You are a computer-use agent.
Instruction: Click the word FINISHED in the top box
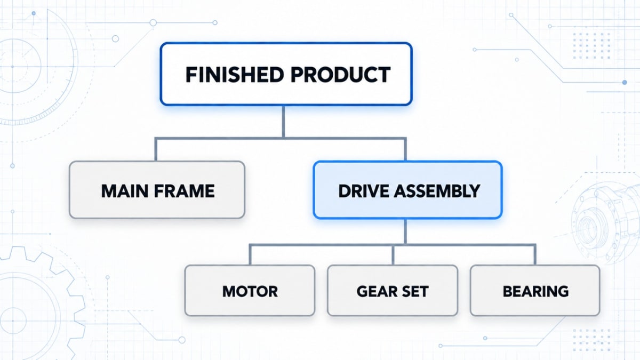pos(235,75)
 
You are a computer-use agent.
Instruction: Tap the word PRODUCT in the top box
pos(341,75)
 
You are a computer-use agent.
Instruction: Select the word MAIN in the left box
pos(124,191)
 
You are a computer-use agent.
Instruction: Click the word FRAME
pos(185,191)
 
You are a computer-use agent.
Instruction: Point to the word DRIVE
pos(363,191)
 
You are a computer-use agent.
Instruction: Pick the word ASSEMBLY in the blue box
pos(437,191)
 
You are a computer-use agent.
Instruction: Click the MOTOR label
pos(250,291)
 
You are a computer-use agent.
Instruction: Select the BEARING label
pos(535,291)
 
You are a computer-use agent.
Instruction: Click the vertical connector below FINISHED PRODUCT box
pos(283,122)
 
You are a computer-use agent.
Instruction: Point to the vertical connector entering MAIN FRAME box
pos(156,149)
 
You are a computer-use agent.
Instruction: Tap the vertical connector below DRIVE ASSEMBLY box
pos(405,231)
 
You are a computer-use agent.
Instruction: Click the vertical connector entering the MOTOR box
pos(250,254)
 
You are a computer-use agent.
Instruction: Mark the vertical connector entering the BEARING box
pos(534,254)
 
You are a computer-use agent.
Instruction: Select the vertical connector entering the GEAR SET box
pos(393,254)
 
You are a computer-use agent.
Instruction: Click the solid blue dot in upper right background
pos(625,82)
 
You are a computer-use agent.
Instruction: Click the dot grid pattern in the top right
pos(591,46)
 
